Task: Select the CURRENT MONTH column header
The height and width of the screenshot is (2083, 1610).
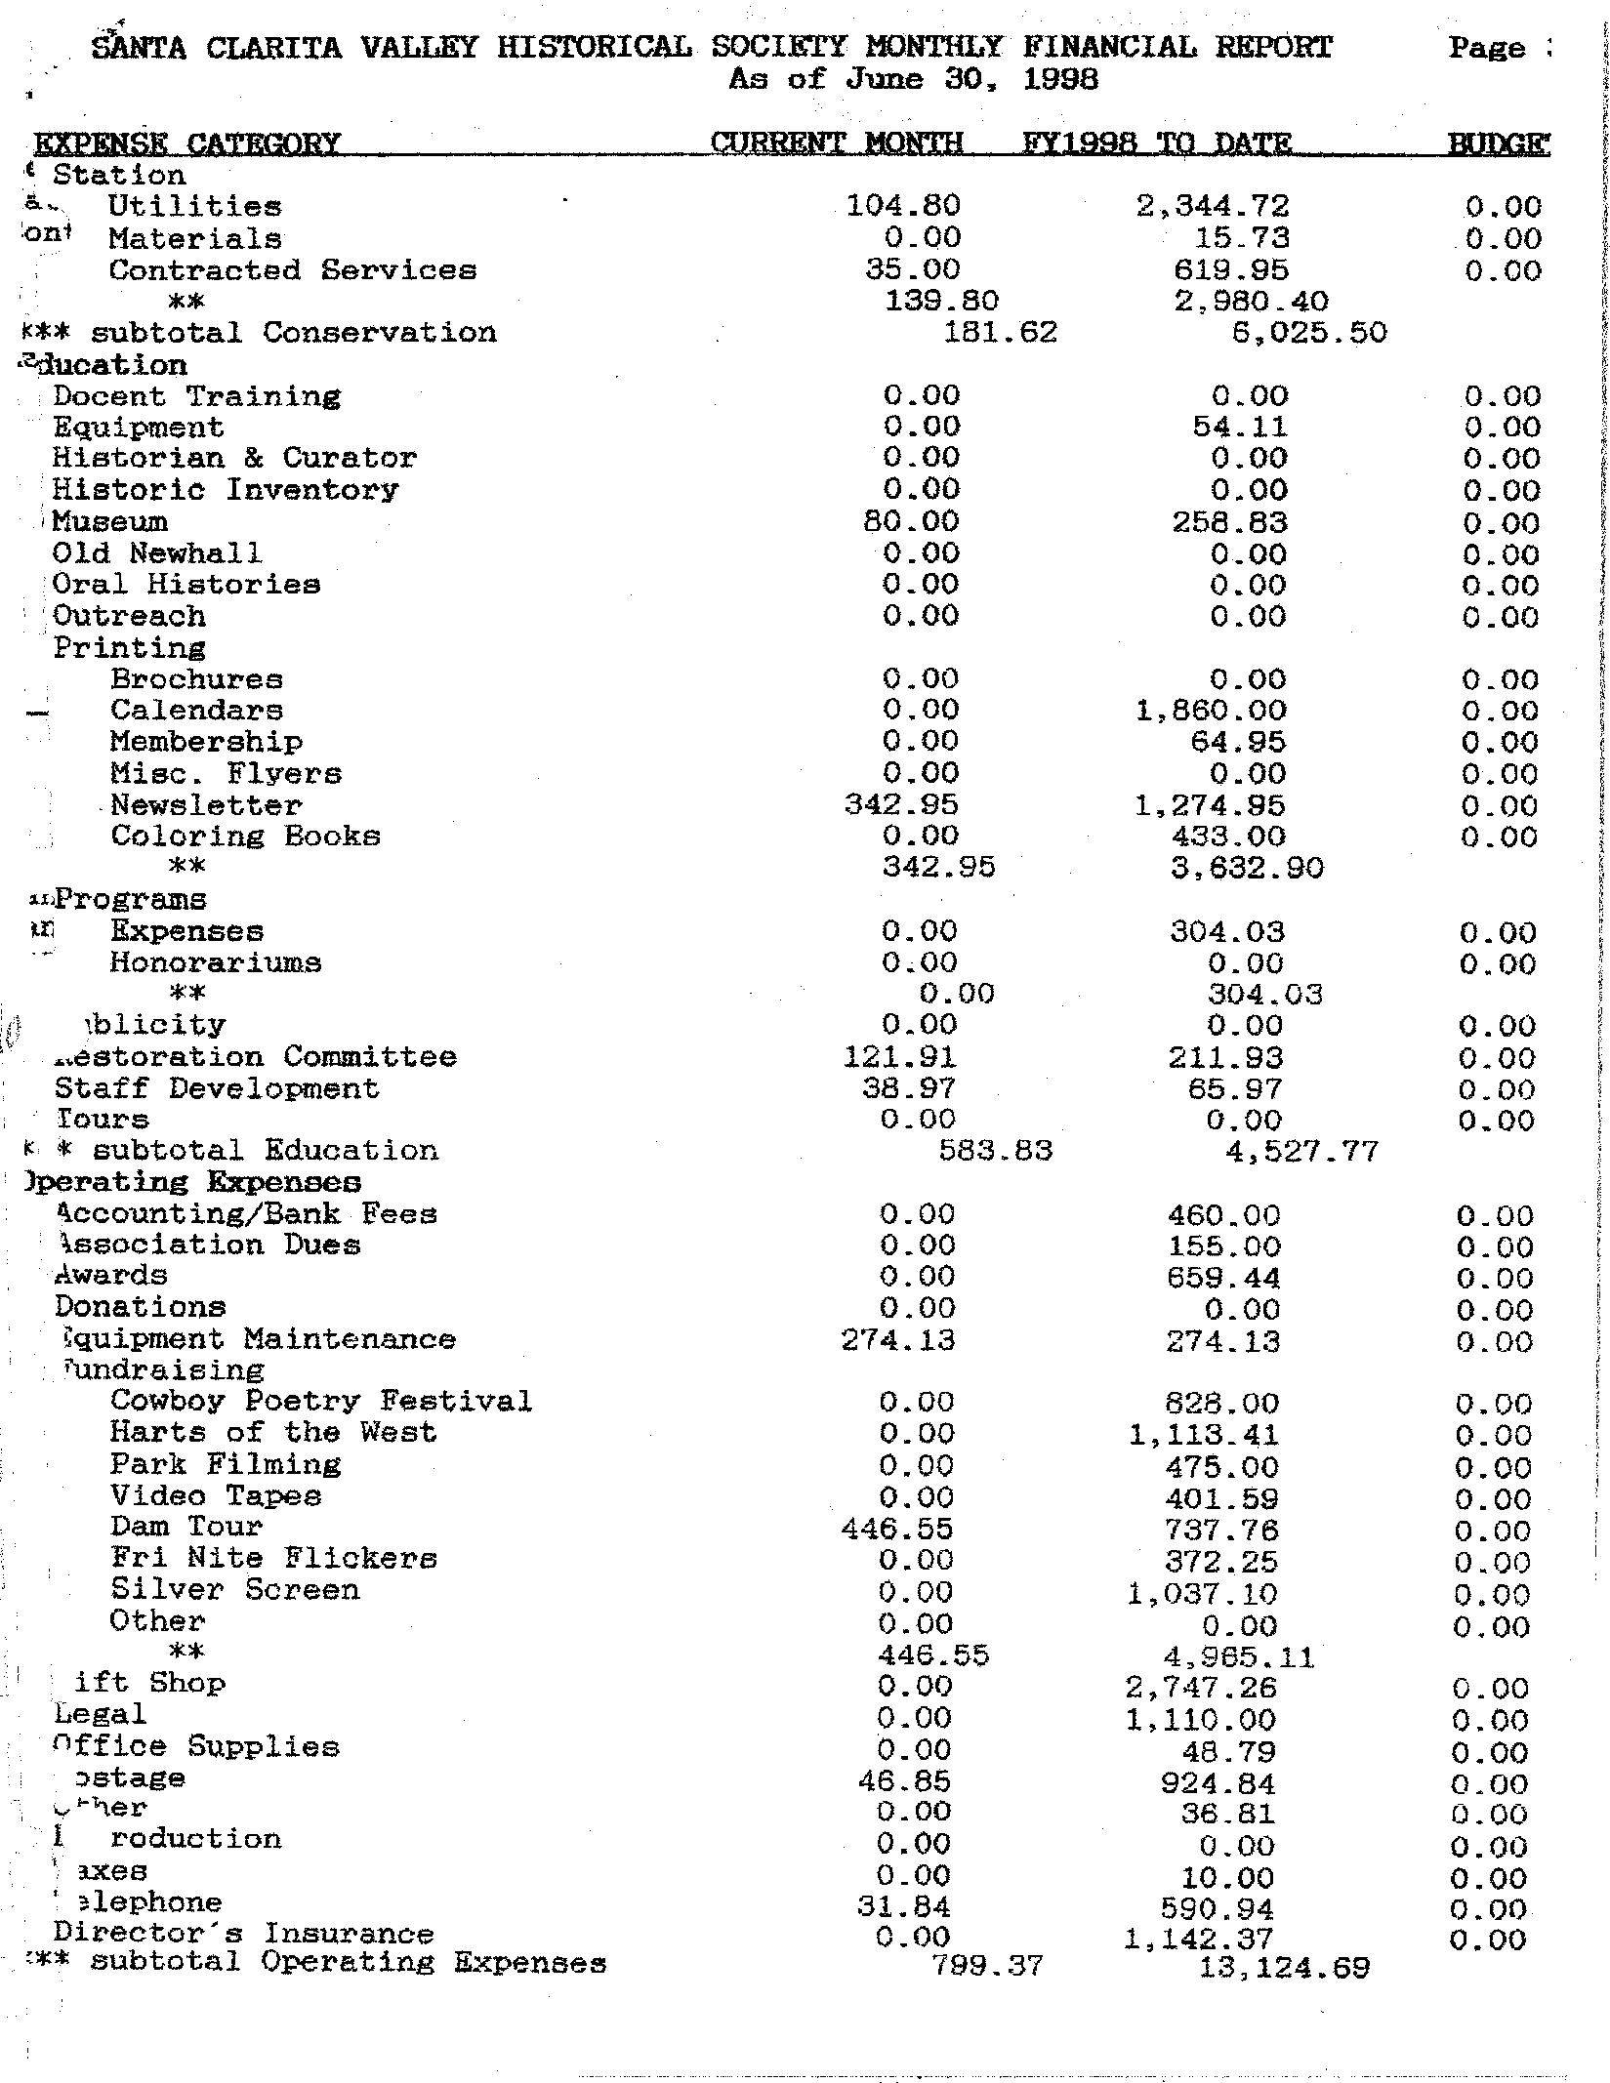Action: pos(836,143)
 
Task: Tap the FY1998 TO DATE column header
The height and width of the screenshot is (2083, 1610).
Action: pos(1157,143)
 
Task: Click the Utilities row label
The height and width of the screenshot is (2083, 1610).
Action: pos(194,207)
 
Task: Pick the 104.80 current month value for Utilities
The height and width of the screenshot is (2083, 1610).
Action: pos(903,206)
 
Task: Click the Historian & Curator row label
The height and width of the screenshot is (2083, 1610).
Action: pos(234,458)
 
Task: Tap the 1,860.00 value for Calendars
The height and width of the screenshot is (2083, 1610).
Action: pos(1212,711)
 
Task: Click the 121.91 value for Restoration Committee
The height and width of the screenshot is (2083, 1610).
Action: pos(900,1057)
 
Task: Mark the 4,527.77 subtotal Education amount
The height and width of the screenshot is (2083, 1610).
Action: pos(1302,1152)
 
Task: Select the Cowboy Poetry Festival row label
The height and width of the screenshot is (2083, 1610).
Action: pos(320,1402)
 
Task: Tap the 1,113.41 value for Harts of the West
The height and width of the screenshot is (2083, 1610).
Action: pos(1204,1435)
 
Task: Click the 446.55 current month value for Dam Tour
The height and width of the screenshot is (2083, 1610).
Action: pos(896,1530)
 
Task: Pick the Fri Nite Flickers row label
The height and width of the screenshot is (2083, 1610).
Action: pos(273,1559)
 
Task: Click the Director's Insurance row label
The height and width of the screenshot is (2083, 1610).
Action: pos(243,1934)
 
